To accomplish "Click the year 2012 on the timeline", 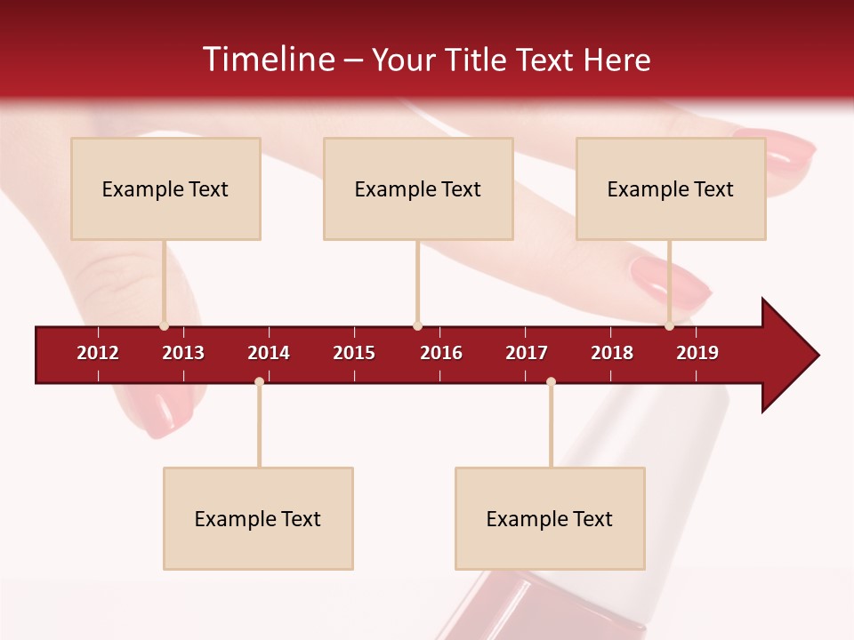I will tap(98, 353).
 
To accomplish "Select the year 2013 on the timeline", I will tap(183, 353).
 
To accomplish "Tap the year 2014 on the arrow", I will tap(269, 353).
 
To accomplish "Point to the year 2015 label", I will tap(354, 353).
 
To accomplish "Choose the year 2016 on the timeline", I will tap(441, 353).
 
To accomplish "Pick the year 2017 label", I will tap(527, 353).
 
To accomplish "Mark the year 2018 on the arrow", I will tap(612, 353).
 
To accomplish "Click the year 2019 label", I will tap(697, 353).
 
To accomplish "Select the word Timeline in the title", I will tap(267, 60).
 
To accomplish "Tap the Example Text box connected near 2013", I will tap(165, 188).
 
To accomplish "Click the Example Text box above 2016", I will tap(418, 188).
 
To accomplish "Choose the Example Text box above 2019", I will tap(671, 188).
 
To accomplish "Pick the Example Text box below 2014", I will tap(258, 518).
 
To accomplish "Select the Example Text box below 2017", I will tap(550, 518).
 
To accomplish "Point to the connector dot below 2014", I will tap(259, 382).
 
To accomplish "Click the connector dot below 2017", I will tap(551, 382).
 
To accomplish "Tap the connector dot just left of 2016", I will tap(417, 326).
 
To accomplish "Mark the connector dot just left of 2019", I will tap(670, 326).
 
